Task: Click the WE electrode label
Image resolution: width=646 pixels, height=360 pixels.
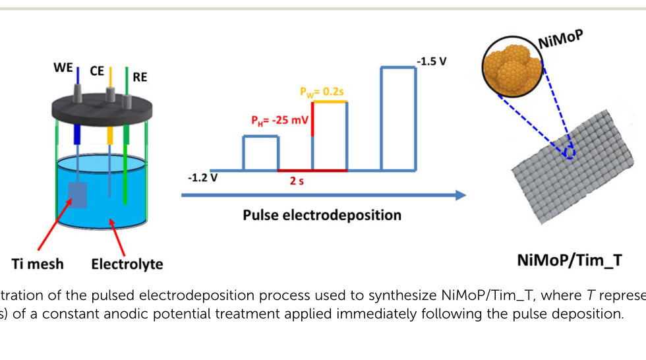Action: (x=63, y=67)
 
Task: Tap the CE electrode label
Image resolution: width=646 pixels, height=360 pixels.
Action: (x=97, y=71)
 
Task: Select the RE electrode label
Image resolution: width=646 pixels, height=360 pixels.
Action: (x=140, y=77)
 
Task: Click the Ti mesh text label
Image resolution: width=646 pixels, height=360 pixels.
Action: (x=38, y=264)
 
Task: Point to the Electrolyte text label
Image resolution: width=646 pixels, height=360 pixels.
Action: (x=127, y=264)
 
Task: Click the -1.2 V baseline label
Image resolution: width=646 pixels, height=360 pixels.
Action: (x=203, y=178)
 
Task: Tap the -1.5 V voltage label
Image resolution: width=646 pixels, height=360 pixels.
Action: (x=431, y=61)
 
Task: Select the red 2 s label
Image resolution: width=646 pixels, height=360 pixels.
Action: (x=297, y=181)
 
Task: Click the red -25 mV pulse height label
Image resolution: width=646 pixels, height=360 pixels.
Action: (x=279, y=121)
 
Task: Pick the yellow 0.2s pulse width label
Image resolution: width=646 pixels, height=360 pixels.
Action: (x=322, y=92)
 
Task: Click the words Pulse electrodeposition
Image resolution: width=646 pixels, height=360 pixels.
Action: (x=322, y=215)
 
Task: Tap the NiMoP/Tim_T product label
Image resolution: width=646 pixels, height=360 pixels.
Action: (x=570, y=260)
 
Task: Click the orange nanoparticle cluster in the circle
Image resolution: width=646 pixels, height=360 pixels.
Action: (x=513, y=67)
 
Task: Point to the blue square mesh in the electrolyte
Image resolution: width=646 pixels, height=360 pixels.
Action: (x=78, y=195)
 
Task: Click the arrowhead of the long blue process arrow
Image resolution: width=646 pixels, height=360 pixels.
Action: (x=461, y=195)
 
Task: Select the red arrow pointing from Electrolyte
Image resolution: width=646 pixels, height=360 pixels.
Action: (x=117, y=237)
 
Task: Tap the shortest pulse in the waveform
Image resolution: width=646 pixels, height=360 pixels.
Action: (x=261, y=136)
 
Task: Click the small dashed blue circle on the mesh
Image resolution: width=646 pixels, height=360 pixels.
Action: (x=570, y=153)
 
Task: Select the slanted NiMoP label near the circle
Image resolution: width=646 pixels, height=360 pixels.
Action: (x=561, y=39)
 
